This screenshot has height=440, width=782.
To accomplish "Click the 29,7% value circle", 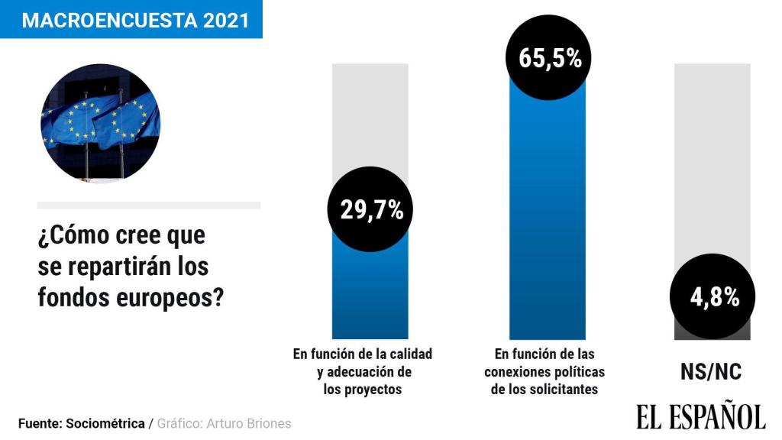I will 370,210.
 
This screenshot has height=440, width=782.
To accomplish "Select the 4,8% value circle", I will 713,297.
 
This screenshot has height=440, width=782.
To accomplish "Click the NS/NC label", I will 711,371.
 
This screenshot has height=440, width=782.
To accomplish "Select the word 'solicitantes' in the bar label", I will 561,389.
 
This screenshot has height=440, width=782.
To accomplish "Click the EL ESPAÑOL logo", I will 700,416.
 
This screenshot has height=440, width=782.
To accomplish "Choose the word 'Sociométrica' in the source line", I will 106,423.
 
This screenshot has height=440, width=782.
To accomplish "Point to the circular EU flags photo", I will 100,123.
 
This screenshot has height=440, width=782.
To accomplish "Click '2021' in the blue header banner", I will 226,21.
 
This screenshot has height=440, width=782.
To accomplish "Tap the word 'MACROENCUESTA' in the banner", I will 110,21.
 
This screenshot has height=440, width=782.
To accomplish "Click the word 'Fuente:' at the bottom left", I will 40,423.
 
